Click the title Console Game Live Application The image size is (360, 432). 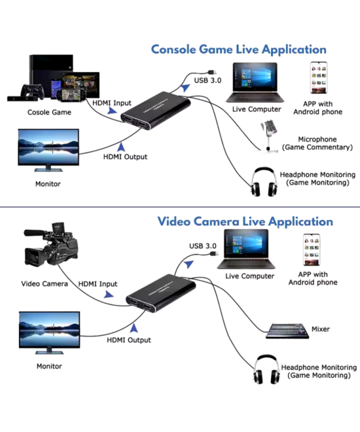[238, 49]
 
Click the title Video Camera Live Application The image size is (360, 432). [245, 221]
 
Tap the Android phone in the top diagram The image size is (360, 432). [319, 79]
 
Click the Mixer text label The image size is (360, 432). [320, 329]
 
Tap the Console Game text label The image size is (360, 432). [49, 112]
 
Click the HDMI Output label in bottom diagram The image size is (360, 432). [129, 340]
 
